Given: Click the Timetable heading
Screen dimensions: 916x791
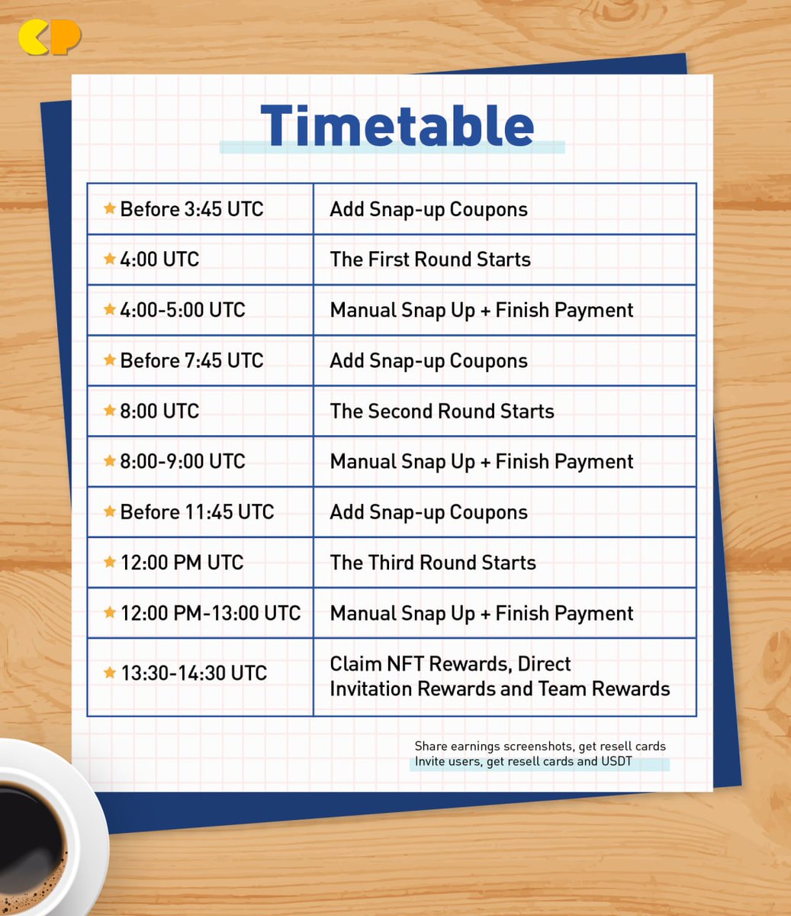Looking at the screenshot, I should [x=397, y=126].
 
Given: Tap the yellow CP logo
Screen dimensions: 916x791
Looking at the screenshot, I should [x=50, y=37].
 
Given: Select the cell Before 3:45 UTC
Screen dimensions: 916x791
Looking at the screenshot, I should [x=191, y=209].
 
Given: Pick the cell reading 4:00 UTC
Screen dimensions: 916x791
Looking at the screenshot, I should [x=159, y=260].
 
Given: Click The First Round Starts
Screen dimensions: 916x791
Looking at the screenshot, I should [x=430, y=260].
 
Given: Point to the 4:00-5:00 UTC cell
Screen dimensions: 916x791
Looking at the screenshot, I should [x=182, y=310].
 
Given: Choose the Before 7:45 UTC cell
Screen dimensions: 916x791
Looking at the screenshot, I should [x=191, y=360].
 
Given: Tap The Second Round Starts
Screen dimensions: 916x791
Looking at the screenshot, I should [x=442, y=411].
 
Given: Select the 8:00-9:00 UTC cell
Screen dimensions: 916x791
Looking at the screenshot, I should [x=182, y=461].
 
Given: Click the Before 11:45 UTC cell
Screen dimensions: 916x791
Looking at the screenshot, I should [x=197, y=511].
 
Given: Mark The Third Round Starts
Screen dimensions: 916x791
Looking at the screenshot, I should [x=432, y=563].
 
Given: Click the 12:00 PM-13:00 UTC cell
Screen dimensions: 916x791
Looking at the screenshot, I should [x=211, y=613].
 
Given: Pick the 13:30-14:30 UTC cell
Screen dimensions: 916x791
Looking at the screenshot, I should [x=194, y=673].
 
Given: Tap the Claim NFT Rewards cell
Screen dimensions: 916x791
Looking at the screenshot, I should [x=500, y=676].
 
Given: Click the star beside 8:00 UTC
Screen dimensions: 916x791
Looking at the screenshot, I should [x=110, y=411].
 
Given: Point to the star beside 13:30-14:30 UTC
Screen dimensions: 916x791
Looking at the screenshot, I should [x=110, y=672].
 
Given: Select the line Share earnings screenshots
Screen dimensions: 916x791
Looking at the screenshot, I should [x=540, y=746].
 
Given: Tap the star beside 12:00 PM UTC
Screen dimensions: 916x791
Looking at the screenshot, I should [x=110, y=563].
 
